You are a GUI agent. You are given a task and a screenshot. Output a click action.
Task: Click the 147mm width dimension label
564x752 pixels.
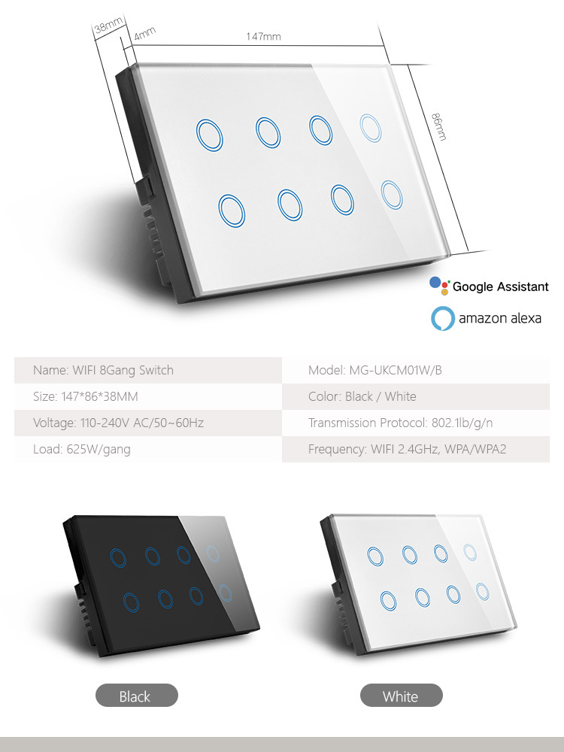click(x=263, y=36)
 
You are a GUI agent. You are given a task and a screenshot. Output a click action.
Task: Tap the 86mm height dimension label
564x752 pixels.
click(x=439, y=126)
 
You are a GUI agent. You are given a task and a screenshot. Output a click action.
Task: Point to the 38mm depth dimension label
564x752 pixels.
click(x=109, y=24)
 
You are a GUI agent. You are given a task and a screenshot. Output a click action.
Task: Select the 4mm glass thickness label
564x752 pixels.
click(x=144, y=33)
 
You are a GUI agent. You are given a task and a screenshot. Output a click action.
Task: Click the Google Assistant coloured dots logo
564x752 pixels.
click(x=440, y=285)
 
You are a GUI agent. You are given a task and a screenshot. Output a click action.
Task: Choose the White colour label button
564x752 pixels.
click(x=401, y=696)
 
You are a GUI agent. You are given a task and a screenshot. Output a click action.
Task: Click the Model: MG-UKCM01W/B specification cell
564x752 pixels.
click(x=415, y=370)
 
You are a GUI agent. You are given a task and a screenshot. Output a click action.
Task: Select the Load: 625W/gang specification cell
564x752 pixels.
click(x=148, y=449)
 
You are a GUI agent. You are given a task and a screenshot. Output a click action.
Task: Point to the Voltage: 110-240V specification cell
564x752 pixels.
click(x=148, y=423)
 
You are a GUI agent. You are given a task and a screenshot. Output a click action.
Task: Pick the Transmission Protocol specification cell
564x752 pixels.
click(x=415, y=423)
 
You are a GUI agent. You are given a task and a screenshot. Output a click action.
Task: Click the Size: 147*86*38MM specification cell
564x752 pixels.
click(x=148, y=396)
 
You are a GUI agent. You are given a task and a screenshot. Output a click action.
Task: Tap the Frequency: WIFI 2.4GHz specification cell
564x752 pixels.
click(x=415, y=449)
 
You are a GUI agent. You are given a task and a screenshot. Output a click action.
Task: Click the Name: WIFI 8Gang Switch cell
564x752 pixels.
click(x=148, y=370)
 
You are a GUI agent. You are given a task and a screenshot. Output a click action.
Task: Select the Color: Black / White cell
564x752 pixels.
click(x=415, y=396)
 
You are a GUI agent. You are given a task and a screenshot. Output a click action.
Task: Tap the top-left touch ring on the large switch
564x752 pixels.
click(x=198, y=135)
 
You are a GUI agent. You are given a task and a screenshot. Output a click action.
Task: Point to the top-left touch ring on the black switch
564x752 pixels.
click(x=111, y=558)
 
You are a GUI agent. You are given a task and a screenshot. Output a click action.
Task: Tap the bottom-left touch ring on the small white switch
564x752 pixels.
click(x=381, y=601)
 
